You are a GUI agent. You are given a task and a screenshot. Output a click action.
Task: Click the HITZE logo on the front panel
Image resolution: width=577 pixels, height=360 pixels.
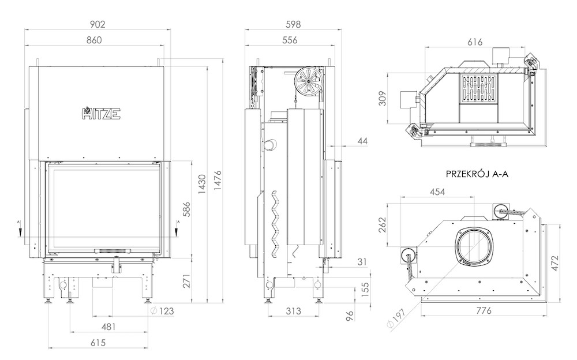(101, 113)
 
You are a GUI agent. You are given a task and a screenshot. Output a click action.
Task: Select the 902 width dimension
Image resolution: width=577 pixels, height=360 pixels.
(98, 24)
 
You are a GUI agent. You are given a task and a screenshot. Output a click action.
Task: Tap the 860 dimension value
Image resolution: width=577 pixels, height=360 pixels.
(94, 40)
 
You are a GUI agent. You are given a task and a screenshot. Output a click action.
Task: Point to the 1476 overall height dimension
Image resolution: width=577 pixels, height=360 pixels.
(218, 180)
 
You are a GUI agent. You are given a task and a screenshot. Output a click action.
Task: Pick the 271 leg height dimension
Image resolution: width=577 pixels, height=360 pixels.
(186, 280)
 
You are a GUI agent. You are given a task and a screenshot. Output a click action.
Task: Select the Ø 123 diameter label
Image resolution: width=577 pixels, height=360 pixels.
(162, 311)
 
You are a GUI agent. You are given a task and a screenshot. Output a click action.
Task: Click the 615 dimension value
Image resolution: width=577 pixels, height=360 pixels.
(98, 342)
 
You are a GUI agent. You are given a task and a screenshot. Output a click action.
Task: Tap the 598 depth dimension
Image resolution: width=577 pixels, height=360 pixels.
(293, 24)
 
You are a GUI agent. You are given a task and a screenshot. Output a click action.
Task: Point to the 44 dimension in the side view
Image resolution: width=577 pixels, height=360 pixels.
(362, 141)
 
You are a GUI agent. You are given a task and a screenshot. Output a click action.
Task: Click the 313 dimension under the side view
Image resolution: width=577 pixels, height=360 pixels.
(293, 311)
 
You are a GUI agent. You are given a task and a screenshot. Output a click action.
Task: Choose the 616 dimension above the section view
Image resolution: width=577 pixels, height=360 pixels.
(475, 42)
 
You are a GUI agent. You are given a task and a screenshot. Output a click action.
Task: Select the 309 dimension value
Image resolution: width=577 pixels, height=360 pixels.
(383, 98)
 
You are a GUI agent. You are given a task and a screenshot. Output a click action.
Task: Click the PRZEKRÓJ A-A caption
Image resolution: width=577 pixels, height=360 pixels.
(477, 174)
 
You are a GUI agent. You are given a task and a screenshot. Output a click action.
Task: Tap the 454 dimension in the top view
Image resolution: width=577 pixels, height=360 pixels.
(437, 192)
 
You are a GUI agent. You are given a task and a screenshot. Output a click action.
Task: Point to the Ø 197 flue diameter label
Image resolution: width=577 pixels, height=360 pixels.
(397, 318)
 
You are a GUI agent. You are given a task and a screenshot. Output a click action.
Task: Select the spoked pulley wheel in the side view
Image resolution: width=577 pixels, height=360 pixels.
(308, 81)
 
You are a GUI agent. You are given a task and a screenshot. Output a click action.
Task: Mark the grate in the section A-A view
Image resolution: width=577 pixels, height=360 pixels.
(478, 89)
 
